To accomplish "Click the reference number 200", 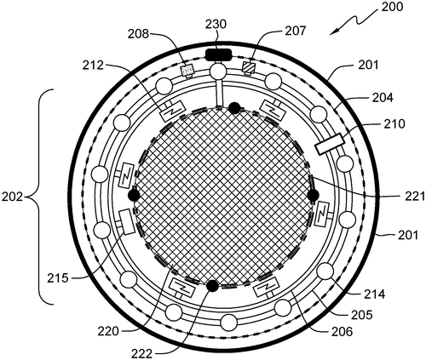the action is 392,7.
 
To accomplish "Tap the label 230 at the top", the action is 216,24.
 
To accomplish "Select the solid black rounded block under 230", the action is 218,54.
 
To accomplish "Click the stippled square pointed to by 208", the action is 188,70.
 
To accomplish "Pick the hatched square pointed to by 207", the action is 249,68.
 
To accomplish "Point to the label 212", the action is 94,66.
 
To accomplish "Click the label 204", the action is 383,98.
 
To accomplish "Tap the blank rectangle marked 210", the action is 329,145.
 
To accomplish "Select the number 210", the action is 394,123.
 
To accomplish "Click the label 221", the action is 415,197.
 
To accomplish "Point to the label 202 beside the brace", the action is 12,197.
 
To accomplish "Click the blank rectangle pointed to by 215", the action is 126,222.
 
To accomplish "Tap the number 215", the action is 58,277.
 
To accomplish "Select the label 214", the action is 375,294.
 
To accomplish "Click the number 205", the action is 361,315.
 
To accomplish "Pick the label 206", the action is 342,331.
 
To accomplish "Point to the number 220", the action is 108,331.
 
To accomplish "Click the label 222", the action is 141,354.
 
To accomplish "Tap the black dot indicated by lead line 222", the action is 212,286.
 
